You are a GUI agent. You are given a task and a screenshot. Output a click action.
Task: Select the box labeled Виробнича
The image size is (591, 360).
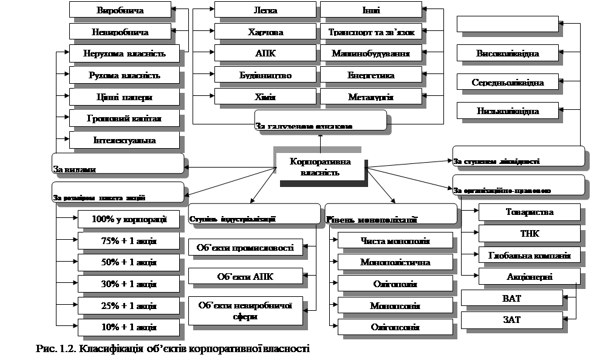[x=124, y=10]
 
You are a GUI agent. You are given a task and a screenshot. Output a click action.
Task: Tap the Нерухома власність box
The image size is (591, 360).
[x=124, y=53]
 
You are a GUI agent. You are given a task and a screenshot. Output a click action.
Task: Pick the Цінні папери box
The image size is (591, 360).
[x=124, y=97]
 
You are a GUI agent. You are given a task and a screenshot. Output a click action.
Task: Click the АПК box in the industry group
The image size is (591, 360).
[x=265, y=53]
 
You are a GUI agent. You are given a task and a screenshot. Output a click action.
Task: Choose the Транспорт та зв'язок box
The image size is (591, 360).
[x=371, y=32]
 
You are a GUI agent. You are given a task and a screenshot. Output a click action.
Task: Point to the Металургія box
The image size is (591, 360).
[x=371, y=97]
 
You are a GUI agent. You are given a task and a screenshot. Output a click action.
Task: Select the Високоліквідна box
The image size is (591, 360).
[x=507, y=53]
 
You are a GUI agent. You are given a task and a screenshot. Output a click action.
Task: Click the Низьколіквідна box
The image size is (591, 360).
[x=507, y=110]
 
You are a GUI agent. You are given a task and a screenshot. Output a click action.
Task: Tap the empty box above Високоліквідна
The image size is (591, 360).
[x=507, y=24]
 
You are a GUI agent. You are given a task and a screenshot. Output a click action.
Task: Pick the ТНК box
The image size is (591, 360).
[x=529, y=233]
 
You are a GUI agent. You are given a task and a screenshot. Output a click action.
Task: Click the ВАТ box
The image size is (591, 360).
[x=511, y=299]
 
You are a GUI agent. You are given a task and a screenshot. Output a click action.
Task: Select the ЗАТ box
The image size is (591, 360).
[x=511, y=319]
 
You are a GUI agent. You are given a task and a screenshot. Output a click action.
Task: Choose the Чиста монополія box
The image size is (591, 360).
[x=395, y=241]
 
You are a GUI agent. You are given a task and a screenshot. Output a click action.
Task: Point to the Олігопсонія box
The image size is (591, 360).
[x=395, y=327]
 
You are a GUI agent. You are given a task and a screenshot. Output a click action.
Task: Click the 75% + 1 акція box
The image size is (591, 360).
[x=128, y=241]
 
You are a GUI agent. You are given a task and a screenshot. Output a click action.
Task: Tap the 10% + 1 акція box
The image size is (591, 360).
[x=128, y=327]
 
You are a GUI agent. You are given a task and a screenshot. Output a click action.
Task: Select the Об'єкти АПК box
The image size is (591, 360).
[x=245, y=276]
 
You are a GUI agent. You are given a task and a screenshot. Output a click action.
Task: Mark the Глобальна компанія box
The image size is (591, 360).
[x=529, y=255]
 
